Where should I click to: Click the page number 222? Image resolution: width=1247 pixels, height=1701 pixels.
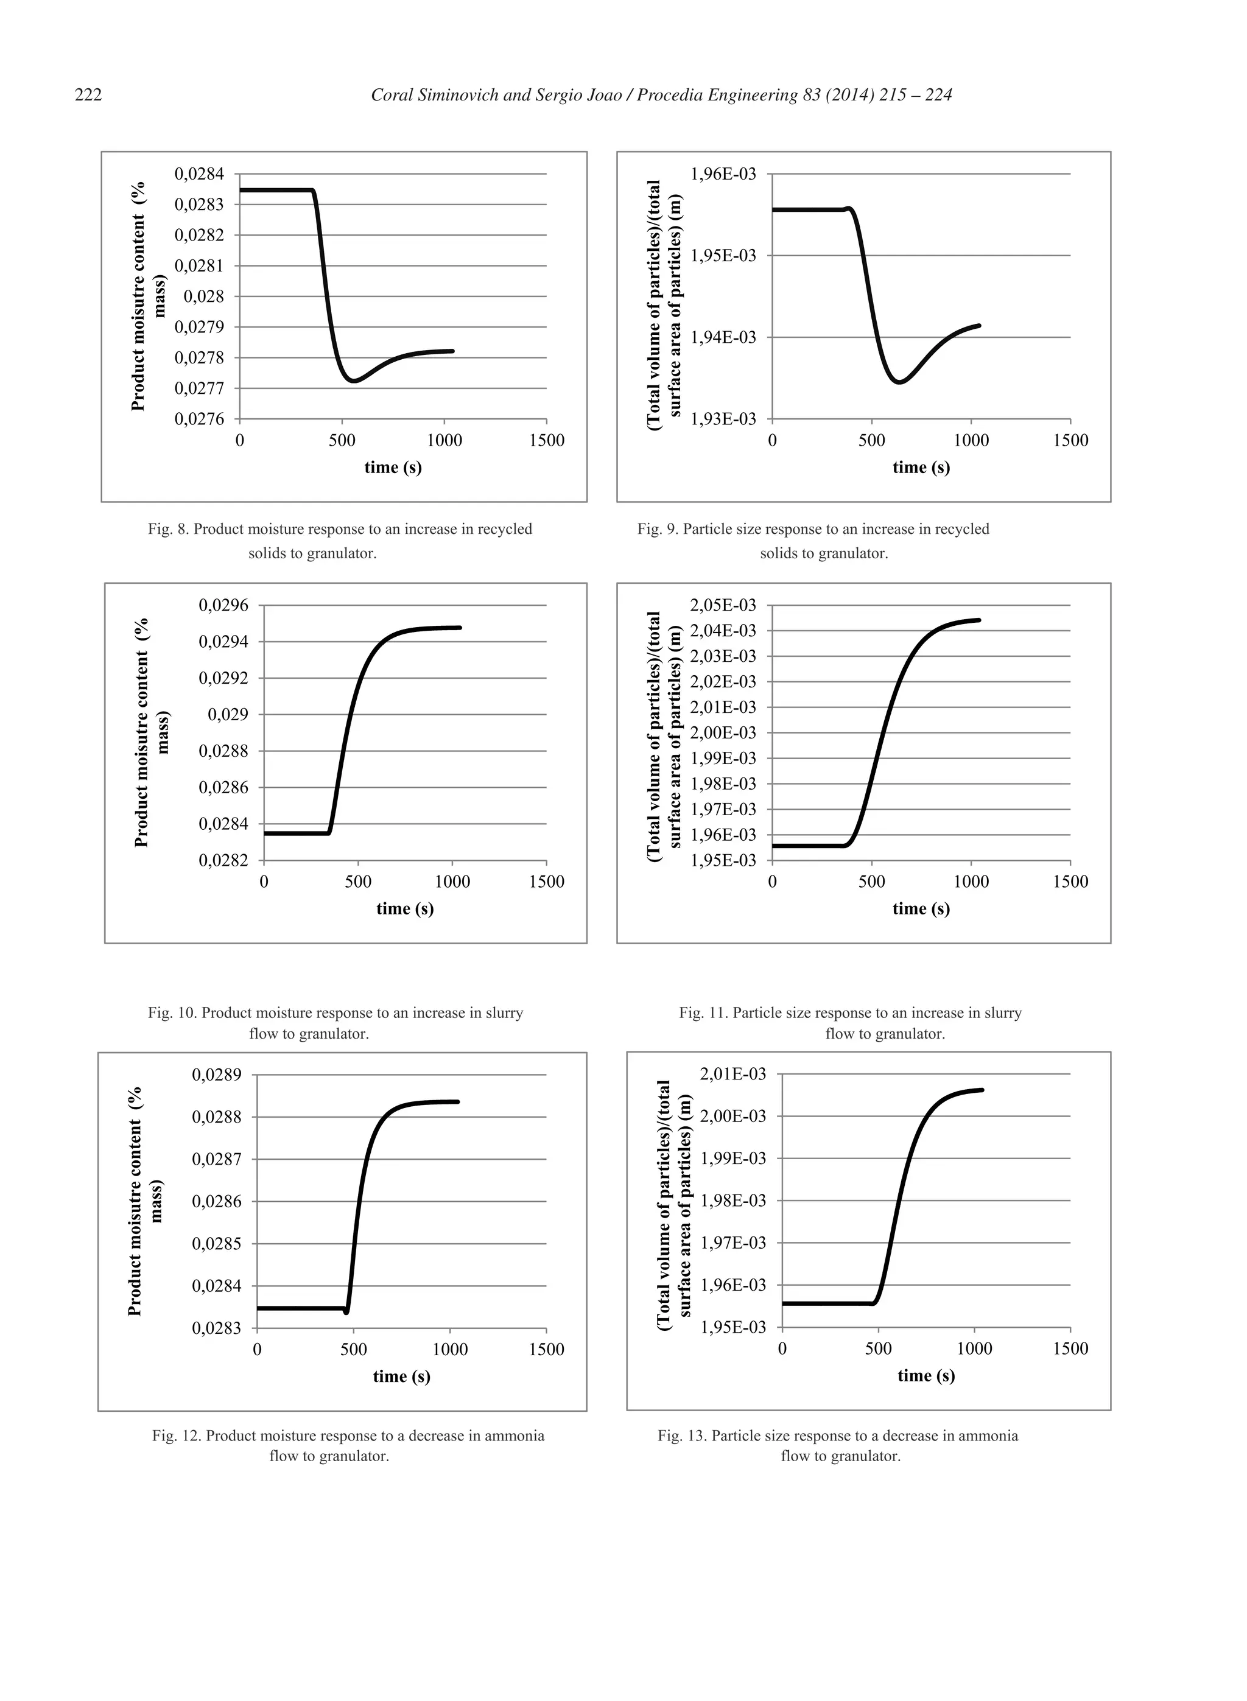[x=88, y=95]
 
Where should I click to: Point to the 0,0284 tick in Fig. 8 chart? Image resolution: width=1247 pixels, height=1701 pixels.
[x=199, y=174]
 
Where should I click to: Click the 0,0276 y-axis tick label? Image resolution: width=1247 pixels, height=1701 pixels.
[x=199, y=419]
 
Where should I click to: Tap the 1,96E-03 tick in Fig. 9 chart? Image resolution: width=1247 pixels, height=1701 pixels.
[x=723, y=174]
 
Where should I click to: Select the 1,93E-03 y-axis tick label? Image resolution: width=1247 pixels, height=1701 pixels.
[x=723, y=419]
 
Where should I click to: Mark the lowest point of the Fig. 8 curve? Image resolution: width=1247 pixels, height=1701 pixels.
[x=353, y=381]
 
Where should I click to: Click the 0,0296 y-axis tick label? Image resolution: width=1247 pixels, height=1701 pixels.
[x=223, y=605]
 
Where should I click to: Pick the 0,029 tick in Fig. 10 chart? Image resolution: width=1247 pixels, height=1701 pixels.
[x=228, y=715]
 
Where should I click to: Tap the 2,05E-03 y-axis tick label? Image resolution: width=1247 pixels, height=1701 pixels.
[x=723, y=605]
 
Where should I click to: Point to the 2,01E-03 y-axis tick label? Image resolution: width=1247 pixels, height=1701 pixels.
[x=733, y=1074]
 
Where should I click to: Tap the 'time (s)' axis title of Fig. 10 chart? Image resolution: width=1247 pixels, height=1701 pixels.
[x=404, y=908]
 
